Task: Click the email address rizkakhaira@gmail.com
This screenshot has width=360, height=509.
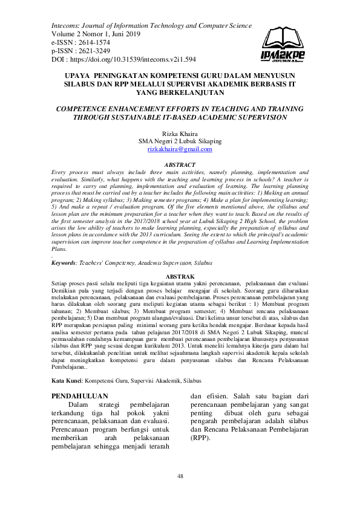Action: (x=180, y=149)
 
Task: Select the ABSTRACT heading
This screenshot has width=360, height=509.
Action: (x=180, y=165)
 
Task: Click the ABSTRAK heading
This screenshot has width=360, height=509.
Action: (x=180, y=275)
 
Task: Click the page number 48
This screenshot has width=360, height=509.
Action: (x=180, y=477)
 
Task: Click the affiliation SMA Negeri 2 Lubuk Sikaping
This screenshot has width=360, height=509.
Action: (x=180, y=141)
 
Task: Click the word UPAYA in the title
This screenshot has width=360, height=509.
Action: (x=77, y=76)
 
